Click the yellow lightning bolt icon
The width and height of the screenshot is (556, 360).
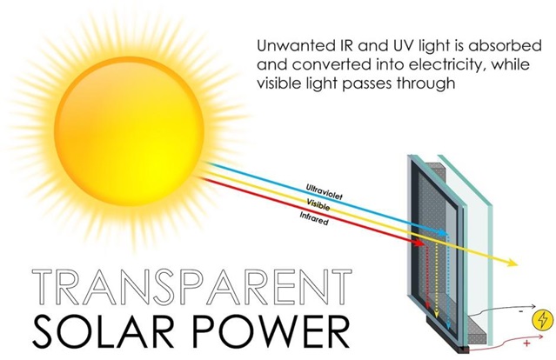coord(543,320)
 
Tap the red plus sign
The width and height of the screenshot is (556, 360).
coord(526,343)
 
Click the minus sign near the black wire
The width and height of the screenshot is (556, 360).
coord(521,311)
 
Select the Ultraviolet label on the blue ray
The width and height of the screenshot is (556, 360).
coord(325,192)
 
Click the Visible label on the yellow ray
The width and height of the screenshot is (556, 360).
coord(318,205)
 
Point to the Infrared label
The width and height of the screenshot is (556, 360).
coord(314,218)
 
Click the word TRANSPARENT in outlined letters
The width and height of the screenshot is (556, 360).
coord(191,287)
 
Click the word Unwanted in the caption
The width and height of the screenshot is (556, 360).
coord(293,46)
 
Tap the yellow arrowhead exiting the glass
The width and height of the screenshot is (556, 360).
coord(512,263)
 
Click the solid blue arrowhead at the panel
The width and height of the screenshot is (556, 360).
coord(443,233)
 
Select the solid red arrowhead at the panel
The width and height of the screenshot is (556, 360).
coord(419,243)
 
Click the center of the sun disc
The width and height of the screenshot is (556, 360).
coord(129,131)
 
